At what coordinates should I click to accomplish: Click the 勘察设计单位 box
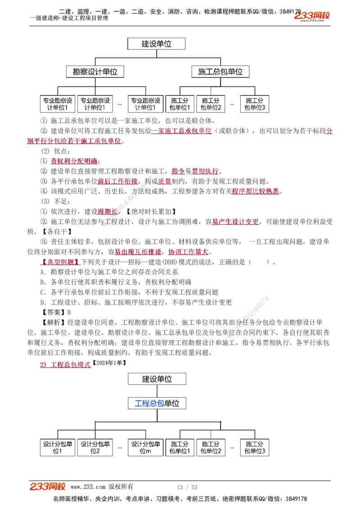click(95, 71)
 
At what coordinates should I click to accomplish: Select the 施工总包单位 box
click(220, 71)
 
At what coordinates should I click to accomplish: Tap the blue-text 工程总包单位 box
click(157, 403)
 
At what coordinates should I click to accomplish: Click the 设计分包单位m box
click(145, 447)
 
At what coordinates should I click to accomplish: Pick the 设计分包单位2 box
click(95, 447)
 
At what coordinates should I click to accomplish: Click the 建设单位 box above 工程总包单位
click(157, 379)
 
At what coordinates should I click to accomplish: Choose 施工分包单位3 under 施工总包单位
click(254, 104)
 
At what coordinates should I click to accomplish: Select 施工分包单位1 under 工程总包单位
click(180, 447)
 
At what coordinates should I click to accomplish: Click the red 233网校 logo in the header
click(312, 16)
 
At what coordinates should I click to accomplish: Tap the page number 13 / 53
click(187, 487)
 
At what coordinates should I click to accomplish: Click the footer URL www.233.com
click(88, 487)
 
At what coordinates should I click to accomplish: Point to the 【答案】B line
click(56, 312)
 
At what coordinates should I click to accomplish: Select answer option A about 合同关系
click(109, 272)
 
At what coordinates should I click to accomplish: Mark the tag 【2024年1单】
click(109, 362)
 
